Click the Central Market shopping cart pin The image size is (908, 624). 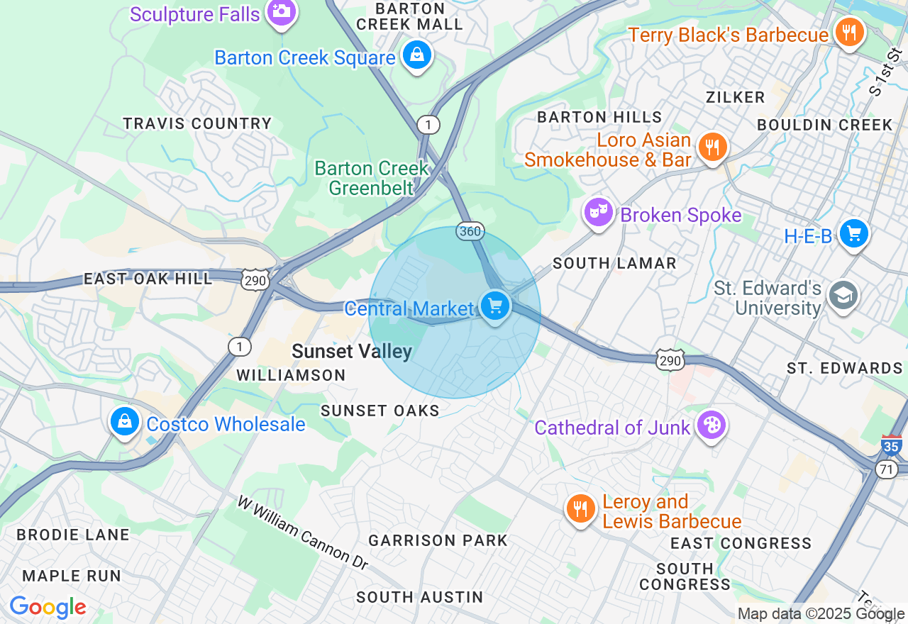coord(495,306)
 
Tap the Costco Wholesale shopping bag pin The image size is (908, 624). coord(125,422)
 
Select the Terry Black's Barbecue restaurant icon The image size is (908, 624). coord(848,32)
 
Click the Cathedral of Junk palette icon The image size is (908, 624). coord(709,425)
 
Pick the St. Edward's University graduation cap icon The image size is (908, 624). coord(843,296)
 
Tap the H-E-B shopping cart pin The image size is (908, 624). coord(853,233)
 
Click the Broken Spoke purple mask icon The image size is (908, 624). coord(599,211)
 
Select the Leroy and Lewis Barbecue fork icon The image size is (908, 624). coord(581,508)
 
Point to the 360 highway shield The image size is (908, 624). coord(470,232)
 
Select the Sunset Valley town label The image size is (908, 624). coord(352,352)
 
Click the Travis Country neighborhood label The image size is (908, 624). coord(197,123)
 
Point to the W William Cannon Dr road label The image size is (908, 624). coord(304,533)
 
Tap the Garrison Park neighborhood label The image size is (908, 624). coord(438,540)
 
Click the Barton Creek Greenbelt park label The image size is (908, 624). coord(372,178)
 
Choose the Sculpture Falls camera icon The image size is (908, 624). coord(282,11)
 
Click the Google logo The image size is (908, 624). coord(48,607)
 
